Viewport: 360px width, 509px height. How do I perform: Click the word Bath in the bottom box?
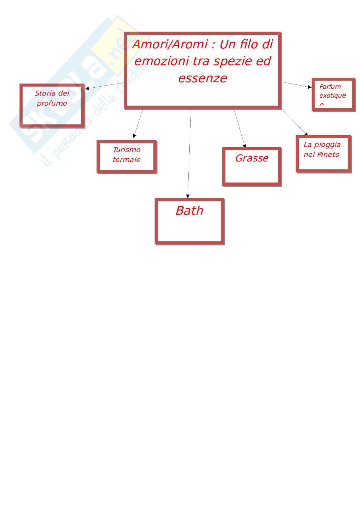(189, 211)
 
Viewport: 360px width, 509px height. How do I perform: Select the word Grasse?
(252, 158)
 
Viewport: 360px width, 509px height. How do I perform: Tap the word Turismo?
(126, 150)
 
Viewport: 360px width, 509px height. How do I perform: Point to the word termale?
(126, 160)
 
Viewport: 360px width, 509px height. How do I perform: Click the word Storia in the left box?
(45, 93)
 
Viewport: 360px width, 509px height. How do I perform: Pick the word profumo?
(52, 103)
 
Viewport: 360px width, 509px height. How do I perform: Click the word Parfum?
(330, 86)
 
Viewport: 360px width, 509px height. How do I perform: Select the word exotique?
(333, 95)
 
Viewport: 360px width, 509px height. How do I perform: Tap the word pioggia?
(327, 145)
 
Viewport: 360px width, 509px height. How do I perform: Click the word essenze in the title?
(203, 78)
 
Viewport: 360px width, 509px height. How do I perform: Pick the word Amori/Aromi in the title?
(170, 44)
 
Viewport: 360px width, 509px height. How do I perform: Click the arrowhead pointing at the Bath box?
(188, 196)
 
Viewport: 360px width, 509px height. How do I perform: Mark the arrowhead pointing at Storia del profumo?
(87, 88)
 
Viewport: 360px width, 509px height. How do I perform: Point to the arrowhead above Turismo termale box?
(134, 136)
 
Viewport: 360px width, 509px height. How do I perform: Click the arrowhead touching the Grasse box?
(245, 146)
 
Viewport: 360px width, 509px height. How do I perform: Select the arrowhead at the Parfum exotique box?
(310, 87)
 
